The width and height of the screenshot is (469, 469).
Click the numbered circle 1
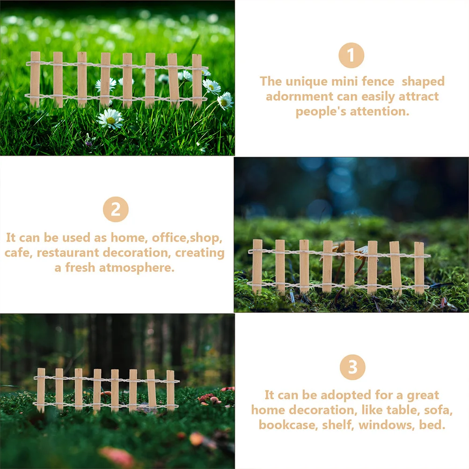(x=352, y=55)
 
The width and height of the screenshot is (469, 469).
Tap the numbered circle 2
(x=116, y=209)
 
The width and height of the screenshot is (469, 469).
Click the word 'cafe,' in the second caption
(x=19, y=253)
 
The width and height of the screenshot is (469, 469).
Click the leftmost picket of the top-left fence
(x=35, y=79)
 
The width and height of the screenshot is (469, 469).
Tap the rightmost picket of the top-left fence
(x=197, y=81)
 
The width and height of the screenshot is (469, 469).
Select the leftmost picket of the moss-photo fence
(x=257, y=266)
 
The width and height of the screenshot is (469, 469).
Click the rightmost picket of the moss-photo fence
(x=419, y=267)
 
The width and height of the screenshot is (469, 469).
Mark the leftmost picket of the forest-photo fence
(x=41, y=390)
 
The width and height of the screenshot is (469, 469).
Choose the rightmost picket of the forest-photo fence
(x=170, y=390)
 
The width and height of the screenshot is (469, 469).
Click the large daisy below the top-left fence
(x=110, y=118)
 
